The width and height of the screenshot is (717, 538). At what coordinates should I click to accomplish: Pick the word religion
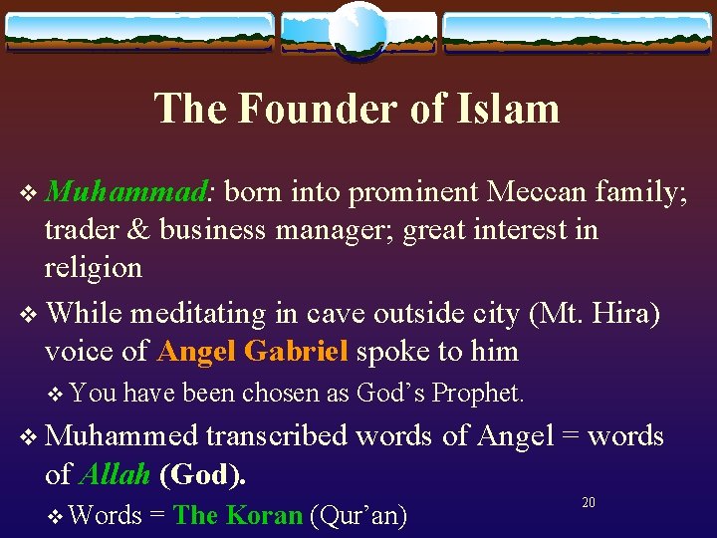point(94,267)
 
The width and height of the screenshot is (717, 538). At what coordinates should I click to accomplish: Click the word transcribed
point(278,435)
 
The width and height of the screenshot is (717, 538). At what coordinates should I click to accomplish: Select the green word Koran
point(264,515)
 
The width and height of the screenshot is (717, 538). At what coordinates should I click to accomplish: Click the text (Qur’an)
point(358,515)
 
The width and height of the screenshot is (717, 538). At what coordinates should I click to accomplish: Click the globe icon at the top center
point(358,30)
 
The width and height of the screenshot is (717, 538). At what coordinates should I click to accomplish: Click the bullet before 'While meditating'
point(26,314)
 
